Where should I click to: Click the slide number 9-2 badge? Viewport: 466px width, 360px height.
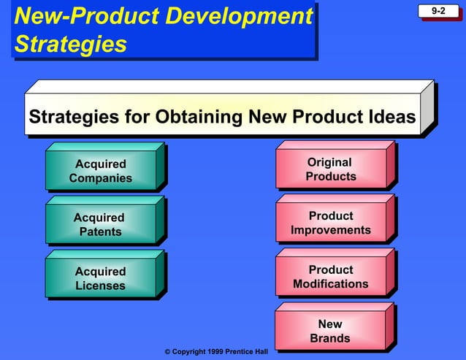(x=438, y=11)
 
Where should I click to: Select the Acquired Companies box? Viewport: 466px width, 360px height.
(x=101, y=171)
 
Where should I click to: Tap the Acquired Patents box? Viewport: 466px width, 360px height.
(x=100, y=224)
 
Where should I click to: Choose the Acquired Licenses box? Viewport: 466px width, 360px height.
(x=100, y=278)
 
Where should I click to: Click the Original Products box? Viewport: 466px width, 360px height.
(x=331, y=169)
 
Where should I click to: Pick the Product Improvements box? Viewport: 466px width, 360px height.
(x=331, y=223)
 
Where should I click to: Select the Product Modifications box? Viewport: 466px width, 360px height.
(x=331, y=277)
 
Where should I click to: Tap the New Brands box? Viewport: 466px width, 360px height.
(x=330, y=331)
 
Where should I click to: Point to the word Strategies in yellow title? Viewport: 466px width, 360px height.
(x=70, y=45)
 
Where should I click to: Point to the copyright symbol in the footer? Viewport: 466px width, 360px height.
(x=167, y=352)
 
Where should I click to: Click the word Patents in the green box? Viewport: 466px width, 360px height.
(x=101, y=232)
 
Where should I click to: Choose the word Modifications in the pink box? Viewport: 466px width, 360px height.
(x=331, y=284)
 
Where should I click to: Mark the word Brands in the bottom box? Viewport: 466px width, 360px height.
(x=330, y=338)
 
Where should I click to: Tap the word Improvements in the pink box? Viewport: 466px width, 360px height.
(x=331, y=231)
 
